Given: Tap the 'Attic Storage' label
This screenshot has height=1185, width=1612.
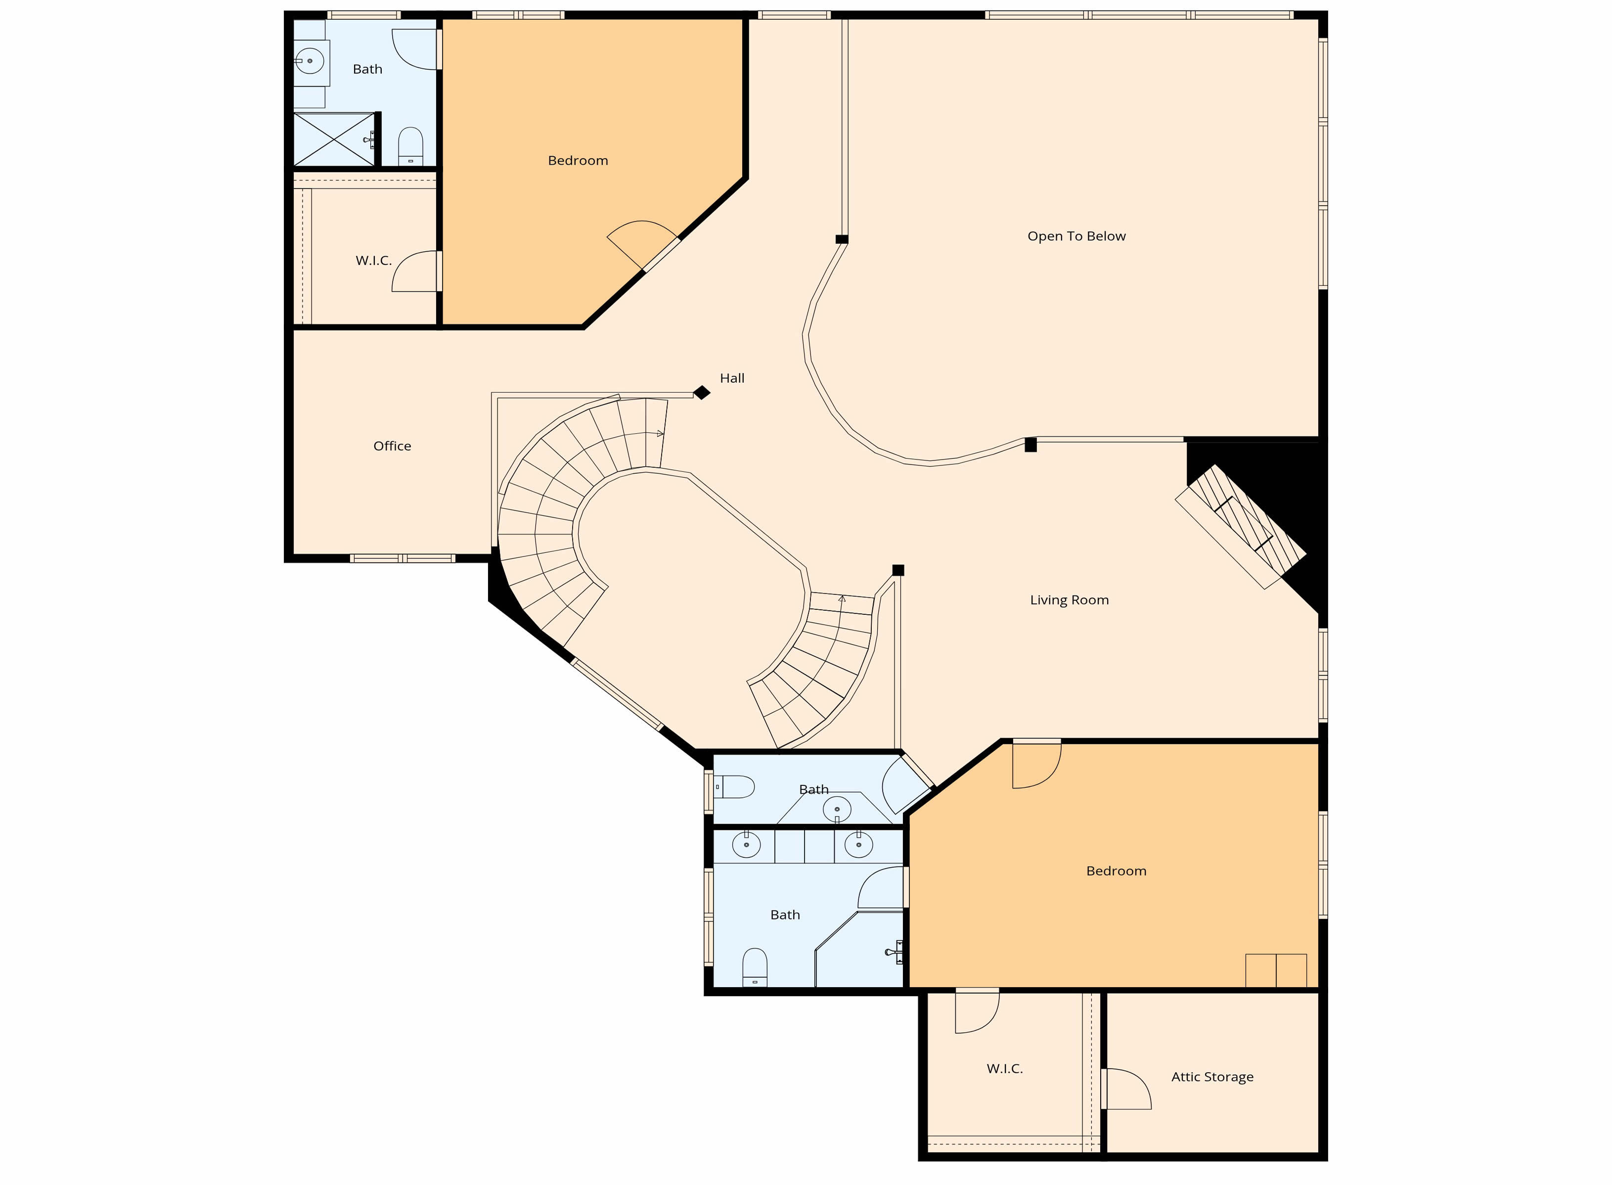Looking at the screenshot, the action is pos(1212,1076).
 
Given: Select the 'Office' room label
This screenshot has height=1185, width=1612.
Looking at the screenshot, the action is pos(392,446).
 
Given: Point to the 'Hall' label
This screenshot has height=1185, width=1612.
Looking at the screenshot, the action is pos(732,378).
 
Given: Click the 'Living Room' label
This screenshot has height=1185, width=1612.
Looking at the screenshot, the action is pos(1069,600).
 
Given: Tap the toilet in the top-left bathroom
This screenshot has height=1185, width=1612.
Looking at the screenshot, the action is pos(410,146).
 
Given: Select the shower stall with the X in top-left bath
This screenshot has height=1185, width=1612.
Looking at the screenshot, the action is pos(335,139).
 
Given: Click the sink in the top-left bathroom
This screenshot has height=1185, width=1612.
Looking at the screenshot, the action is pos(310,61).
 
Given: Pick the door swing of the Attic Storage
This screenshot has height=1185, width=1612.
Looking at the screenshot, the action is pos(1126,1089).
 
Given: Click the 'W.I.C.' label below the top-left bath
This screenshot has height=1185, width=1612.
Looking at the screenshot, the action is pos(374,260).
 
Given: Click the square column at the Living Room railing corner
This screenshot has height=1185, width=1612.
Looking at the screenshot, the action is pos(898,570).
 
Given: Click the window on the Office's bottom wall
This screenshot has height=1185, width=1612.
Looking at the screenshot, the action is pos(403,558).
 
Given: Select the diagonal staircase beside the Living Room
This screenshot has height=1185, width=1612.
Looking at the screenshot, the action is pos(1241,527).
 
